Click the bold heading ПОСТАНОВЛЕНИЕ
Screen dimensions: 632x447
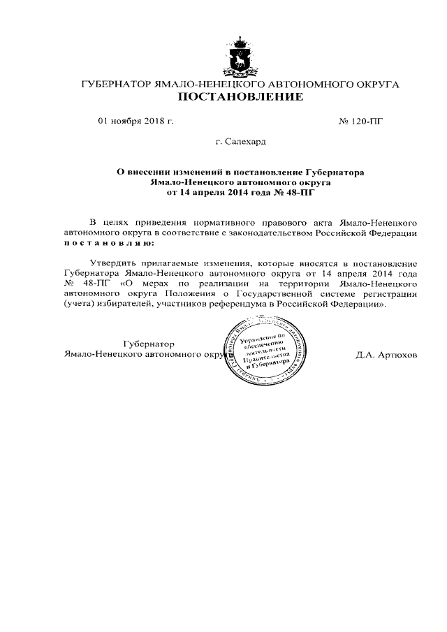240,97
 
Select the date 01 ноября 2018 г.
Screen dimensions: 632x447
135,121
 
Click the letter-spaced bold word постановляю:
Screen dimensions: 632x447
107,242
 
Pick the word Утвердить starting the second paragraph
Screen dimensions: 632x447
112,264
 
